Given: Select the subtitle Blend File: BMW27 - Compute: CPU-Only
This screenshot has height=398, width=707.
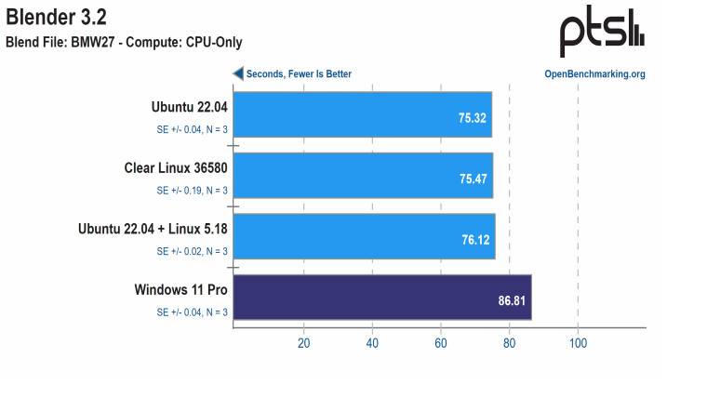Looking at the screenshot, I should [x=124, y=42].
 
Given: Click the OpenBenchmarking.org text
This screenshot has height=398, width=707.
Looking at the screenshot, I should [x=594, y=74].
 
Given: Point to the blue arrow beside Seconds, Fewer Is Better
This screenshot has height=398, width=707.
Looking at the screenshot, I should [x=238, y=73].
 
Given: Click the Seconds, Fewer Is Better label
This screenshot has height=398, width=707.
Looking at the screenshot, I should [x=299, y=74].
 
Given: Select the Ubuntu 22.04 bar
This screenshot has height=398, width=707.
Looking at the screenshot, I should [x=362, y=114].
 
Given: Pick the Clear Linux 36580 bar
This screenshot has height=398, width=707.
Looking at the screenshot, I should [x=362, y=176].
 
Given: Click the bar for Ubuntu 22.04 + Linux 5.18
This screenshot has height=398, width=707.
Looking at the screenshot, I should [x=363, y=236].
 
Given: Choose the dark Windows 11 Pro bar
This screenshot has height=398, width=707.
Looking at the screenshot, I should [x=381, y=298].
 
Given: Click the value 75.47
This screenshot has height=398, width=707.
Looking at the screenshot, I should [x=474, y=179].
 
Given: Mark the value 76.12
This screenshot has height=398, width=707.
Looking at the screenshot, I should [x=475, y=240].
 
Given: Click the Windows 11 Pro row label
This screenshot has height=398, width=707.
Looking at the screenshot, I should [x=181, y=290].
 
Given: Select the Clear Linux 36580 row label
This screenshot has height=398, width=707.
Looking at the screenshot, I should [x=176, y=168].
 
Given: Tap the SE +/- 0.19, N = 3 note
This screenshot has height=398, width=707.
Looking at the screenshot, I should [x=192, y=191].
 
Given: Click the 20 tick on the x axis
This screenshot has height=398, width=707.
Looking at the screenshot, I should [x=303, y=343].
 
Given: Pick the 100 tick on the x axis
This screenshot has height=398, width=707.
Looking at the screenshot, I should [x=578, y=343].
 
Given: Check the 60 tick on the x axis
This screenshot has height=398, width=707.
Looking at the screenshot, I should [x=441, y=343].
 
